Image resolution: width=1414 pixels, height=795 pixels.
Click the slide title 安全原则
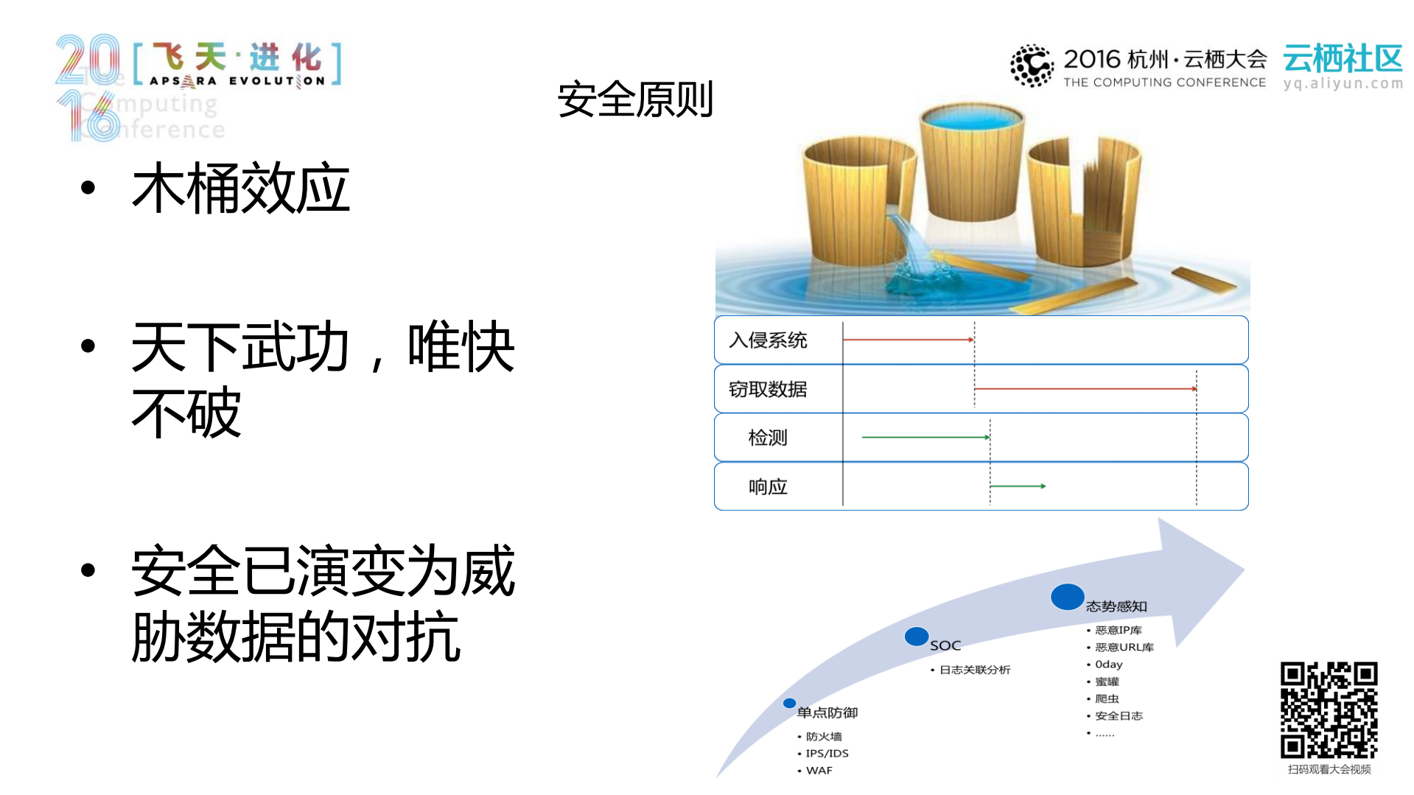pos(635,99)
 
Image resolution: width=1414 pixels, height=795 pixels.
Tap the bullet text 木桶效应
pos(240,189)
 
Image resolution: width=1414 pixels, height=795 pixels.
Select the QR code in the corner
pos(1329,710)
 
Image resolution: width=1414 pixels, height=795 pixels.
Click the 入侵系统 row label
pos(768,340)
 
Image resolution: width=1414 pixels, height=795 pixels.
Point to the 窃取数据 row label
pos(768,389)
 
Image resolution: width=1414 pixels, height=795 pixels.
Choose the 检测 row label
pos(768,438)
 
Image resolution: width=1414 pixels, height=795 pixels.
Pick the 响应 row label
pos(768,486)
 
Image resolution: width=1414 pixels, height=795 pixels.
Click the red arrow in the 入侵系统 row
pos(908,340)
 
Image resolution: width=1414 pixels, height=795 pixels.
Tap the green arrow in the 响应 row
pos(1018,486)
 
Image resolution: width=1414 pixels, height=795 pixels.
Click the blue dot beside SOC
pos(917,636)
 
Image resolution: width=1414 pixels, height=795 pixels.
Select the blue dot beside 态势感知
pos(1067,597)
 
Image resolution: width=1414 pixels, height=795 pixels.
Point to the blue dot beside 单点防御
pos(789,703)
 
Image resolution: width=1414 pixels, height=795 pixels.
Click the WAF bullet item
pos(819,771)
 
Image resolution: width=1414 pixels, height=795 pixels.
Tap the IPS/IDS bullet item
pos(827,753)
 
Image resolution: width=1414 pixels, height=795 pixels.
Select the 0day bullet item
pos(1108,665)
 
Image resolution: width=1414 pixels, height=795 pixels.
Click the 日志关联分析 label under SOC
pos(974,670)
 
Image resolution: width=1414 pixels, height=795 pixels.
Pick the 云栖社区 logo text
pos(1343,59)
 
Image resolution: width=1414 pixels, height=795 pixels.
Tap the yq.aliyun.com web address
pos(1343,83)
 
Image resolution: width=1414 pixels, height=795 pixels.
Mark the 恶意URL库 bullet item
pos(1124,647)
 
